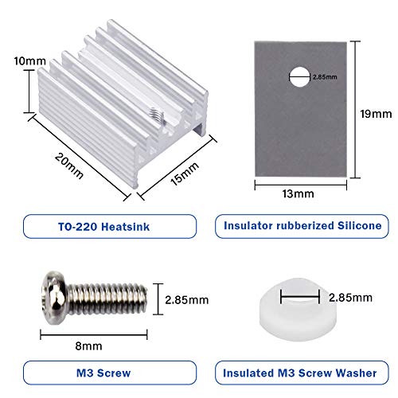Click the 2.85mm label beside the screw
188,301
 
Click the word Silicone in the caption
353,226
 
